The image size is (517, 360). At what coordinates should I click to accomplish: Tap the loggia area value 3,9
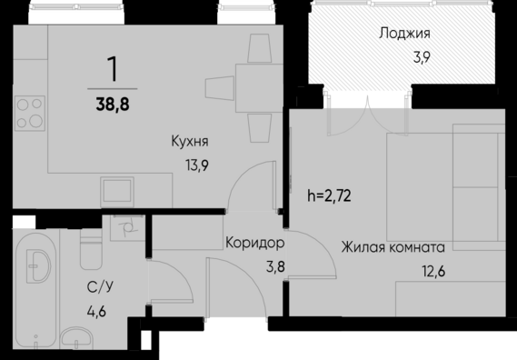pos(422,56)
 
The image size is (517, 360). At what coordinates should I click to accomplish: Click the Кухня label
pos(190,141)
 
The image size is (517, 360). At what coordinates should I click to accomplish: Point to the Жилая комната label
pos(393,245)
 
